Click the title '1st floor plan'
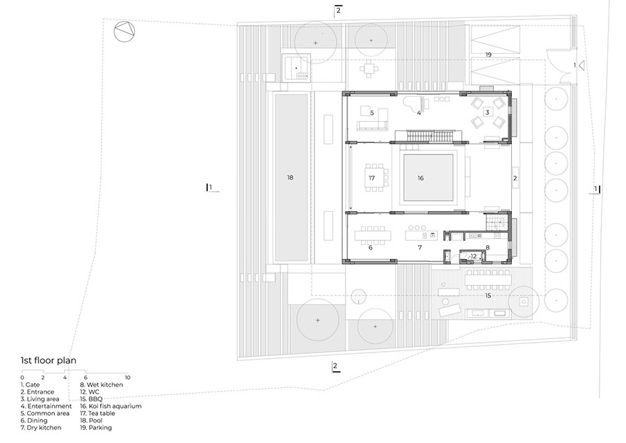click(x=48, y=361)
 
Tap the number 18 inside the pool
click(x=290, y=178)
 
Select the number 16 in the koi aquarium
click(x=420, y=178)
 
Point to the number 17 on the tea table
click(x=371, y=178)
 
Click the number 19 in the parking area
click(x=488, y=54)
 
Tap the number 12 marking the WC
click(x=473, y=256)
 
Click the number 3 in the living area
click(x=488, y=111)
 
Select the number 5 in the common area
click(x=372, y=112)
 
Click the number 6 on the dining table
click(x=370, y=247)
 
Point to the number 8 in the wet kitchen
click(x=488, y=247)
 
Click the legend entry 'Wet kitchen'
click(x=102, y=384)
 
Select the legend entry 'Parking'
click(x=96, y=428)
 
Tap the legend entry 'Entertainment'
click(x=46, y=406)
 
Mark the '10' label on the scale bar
click(x=127, y=377)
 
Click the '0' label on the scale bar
click(x=22, y=377)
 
